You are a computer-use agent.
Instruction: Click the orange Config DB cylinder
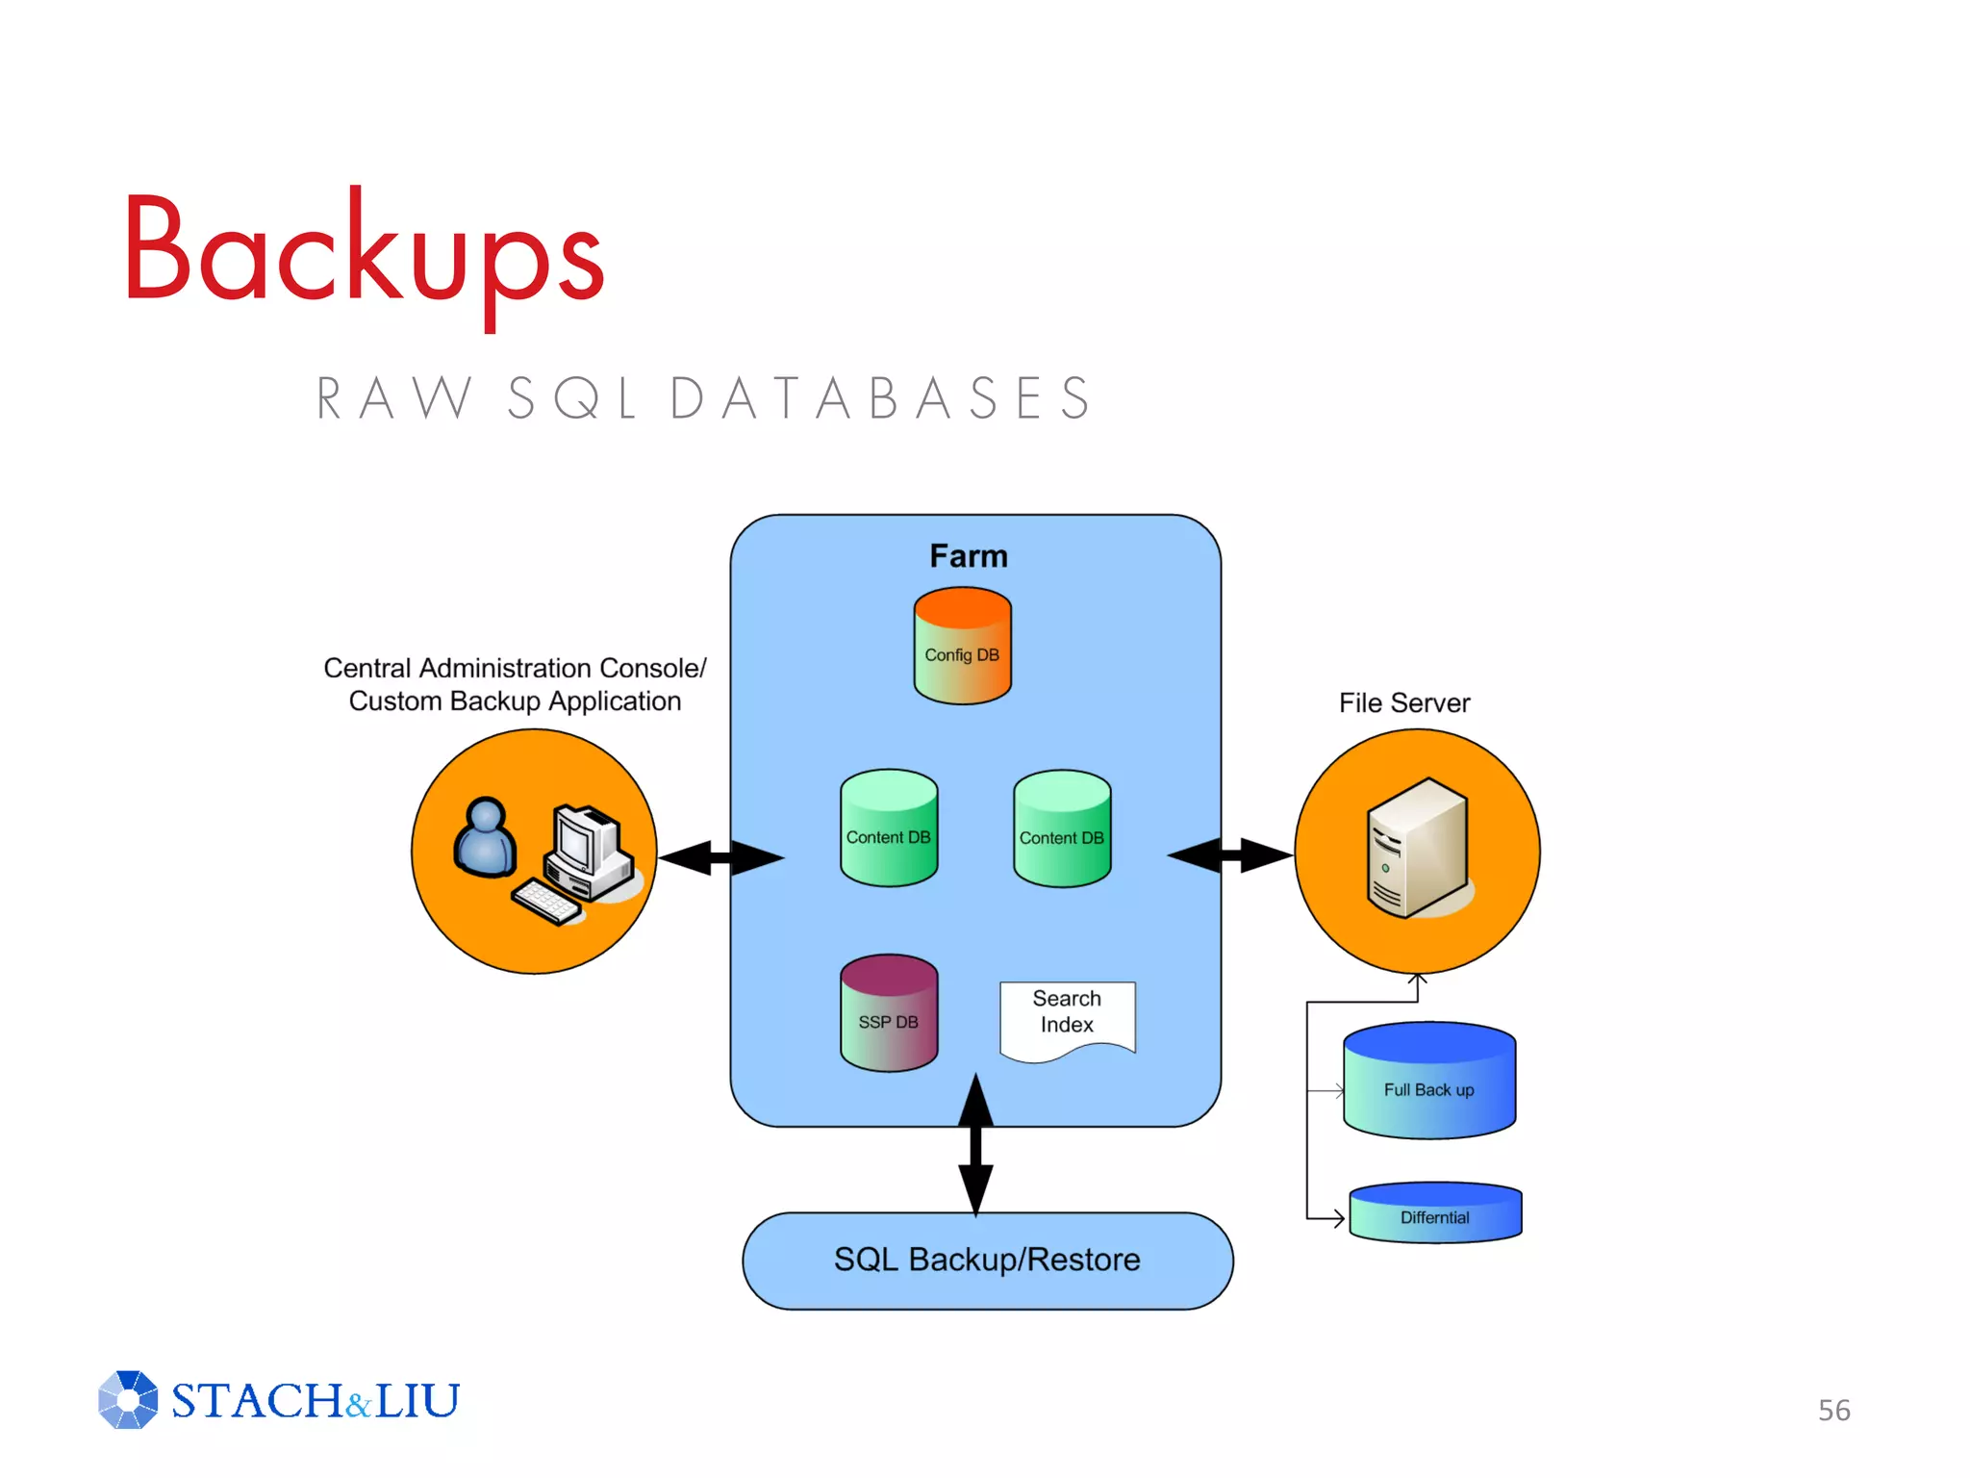(962, 647)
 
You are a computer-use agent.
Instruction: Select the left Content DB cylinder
(889, 829)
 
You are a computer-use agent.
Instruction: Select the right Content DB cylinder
(1062, 829)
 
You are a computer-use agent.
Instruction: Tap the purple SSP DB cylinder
(889, 1014)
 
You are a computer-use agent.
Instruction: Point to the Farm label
(969, 556)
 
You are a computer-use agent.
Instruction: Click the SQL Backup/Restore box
(987, 1261)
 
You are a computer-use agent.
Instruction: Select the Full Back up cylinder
(1429, 1083)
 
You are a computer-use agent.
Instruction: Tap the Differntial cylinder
(1435, 1213)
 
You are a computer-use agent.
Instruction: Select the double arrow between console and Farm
(720, 857)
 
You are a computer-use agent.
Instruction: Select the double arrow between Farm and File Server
(1230, 854)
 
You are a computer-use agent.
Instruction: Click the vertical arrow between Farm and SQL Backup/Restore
(975, 1145)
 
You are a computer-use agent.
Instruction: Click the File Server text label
(1403, 703)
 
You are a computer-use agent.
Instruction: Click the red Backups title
(364, 252)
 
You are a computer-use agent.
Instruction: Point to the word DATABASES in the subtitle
(880, 398)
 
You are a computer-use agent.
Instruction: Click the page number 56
(1833, 1411)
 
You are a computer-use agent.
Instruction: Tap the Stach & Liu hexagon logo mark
(128, 1400)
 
